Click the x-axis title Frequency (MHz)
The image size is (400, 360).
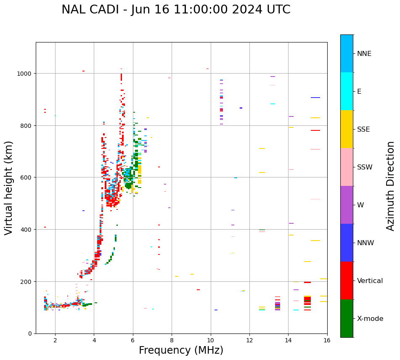tap(181, 350)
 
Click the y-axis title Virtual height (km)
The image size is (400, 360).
tap(9, 188)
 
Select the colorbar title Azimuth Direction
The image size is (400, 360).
tap(391, 186)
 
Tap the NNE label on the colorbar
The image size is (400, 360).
tap(364, 54)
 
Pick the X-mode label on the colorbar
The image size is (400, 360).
tap(370, 319)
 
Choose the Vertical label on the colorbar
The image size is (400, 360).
tap(370, 281)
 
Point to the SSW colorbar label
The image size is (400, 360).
tap(365, 167)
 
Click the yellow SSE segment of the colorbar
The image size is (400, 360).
tap(347, 129)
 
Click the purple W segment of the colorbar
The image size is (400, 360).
tap(347, 205)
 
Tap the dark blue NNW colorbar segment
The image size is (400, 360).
tap(347, 243)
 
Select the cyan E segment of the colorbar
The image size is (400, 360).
tap(347, 91)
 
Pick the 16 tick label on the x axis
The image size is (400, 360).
tap(327, 340)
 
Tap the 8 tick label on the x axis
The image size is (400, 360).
tap(172, 340)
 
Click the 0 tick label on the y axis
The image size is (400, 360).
tap(30, 334)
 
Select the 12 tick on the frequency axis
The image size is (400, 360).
tap(249, 340)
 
